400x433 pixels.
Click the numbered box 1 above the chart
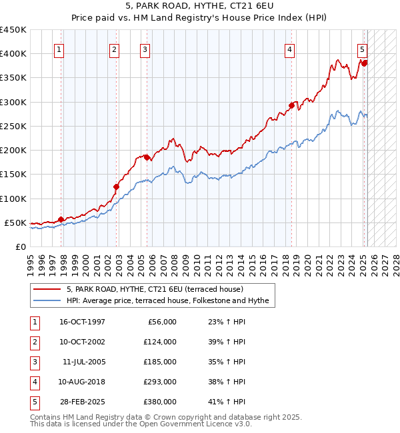(x=59, y=49)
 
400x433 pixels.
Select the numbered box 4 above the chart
(x=290, y=49)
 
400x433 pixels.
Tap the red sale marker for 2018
(x=292, y=105)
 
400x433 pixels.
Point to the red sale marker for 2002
(x=116, y=187)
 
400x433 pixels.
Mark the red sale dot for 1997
(x=61, y=219)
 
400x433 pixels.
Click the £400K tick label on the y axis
(x=13, y=54)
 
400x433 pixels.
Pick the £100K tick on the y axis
(x=13, y=199)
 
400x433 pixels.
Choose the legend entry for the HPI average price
(x=167, y=301)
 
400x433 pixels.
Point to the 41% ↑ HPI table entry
(x=227, y=402)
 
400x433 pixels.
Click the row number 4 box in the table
(x=34, y=382)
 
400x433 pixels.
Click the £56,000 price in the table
(x=159, y=322)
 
